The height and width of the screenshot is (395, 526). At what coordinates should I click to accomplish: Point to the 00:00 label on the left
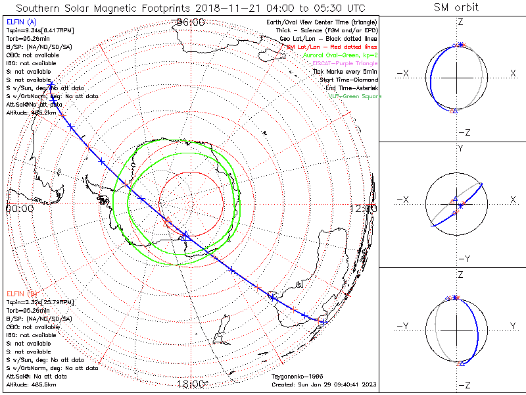[x=19, y=209]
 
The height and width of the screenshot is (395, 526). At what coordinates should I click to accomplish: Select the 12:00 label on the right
[x=364, y=209]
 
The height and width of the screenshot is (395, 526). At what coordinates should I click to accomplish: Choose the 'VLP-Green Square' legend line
[x=354, y=96]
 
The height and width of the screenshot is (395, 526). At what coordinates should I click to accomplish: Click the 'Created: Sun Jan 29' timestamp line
[x=324, y=384]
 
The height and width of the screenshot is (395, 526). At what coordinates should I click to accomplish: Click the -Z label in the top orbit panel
[x=463, y=132]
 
